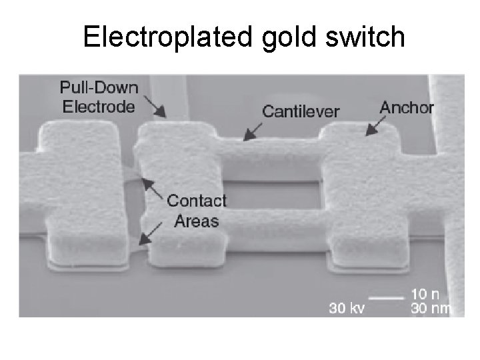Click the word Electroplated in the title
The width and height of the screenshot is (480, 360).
point(167,37)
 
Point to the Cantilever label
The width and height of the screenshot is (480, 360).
point(301,111)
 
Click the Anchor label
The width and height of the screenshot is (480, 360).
point(406,107)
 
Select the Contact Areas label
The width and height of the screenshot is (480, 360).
point(197,210)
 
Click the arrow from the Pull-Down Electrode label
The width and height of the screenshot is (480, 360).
point(156,107)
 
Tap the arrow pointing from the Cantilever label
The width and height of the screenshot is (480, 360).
point(253,131)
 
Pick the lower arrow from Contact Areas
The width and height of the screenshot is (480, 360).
point(150,233)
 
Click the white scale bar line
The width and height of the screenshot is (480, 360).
point(387,297)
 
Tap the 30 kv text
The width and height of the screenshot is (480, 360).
point(347,308)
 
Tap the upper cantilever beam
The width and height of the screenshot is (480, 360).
point(273,153)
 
